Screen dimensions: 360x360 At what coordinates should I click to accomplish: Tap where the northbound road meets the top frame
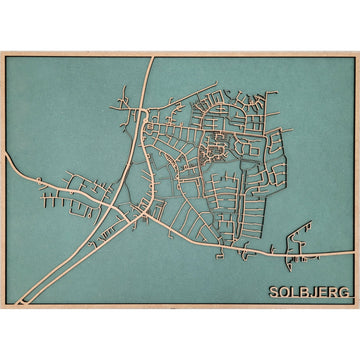coord(152,56)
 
